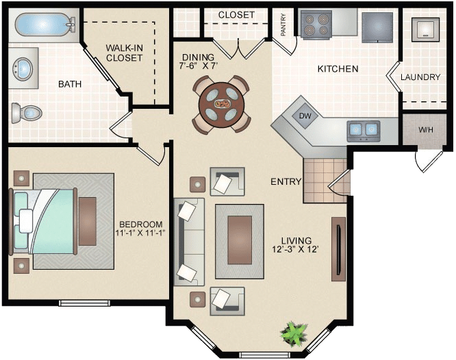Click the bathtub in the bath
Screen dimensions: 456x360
pos(45,25)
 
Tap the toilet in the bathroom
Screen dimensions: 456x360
pos(27,112)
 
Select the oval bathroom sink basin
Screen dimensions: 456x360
pos(23,68)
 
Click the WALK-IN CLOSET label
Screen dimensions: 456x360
pos(124,53)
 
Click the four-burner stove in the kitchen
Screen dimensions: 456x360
pos(316,24)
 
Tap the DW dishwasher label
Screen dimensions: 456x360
pos(305,116)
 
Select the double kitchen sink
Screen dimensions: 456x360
pos(364,131)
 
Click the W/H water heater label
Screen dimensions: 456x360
pos(425,129)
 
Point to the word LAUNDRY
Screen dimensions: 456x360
pos(420,77)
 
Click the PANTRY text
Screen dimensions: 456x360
pos(283,25)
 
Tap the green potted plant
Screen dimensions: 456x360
pos(294,333)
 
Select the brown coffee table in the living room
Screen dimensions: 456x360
pos(240,240)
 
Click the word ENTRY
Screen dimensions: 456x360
pos(286,182)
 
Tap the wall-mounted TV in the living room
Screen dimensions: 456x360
pos(338,249)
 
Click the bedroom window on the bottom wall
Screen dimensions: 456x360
pos(84,303)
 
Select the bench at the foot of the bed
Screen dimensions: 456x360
pos(88,221)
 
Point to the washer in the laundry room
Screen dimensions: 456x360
pos(425,29)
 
